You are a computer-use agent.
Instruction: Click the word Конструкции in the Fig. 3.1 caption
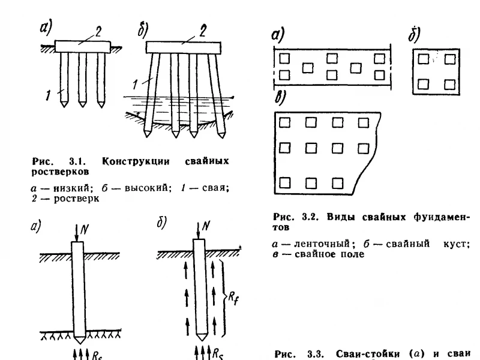point(136,161)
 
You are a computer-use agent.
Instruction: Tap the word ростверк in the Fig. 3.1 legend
point(76,199)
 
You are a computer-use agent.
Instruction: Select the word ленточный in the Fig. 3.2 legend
point(322,244)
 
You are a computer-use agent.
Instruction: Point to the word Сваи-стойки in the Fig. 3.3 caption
point(368,354)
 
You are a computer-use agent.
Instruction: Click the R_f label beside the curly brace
point(233,298)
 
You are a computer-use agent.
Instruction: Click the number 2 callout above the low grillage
point(98,32)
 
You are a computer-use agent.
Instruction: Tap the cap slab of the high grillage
point(184,48)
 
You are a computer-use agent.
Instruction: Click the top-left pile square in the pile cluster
point(424,59)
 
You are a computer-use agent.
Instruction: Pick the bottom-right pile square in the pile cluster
point(449,84)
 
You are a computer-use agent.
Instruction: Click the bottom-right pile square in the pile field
point(337,183)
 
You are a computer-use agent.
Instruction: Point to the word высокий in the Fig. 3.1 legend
point(146,187)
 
